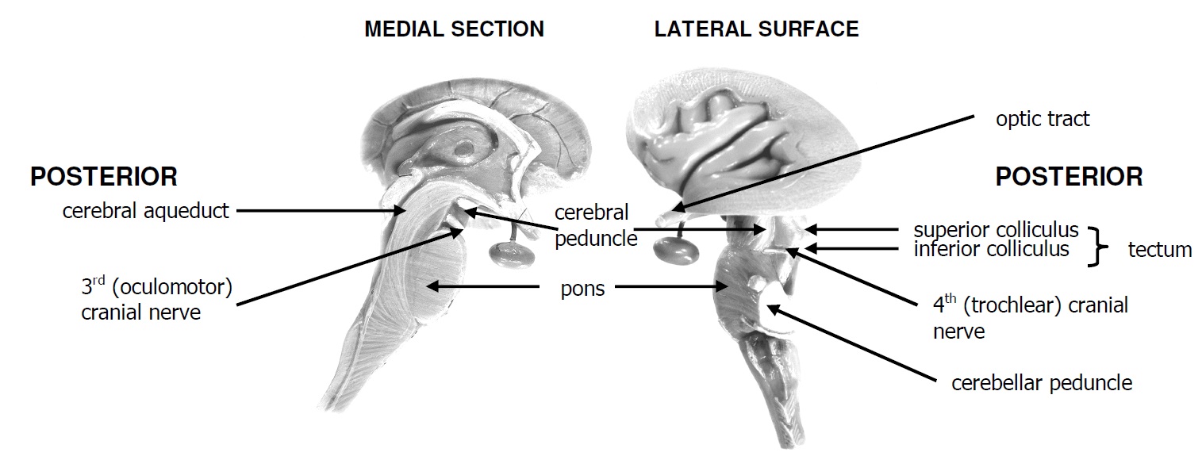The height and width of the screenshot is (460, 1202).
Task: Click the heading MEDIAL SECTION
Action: (454, 30)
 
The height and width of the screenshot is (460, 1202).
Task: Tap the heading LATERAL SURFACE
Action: (756, 30)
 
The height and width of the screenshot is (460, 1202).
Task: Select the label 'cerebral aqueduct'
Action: (146, 211)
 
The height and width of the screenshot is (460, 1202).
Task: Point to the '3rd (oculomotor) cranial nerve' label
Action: (156, 299)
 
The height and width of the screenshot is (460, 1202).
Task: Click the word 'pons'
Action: (582, 289)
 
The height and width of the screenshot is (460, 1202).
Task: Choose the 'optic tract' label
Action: (1043, 119)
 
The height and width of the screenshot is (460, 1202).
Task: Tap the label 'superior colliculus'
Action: (996, 230)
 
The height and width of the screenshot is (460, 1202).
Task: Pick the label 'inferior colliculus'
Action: (991, 249)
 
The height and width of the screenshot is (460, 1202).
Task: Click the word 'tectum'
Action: (1159, 250)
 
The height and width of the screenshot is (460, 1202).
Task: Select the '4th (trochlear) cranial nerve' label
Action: (1030, 317)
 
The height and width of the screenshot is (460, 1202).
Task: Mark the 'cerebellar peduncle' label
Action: (1041, 383)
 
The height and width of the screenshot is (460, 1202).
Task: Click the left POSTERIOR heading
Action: (103, 176)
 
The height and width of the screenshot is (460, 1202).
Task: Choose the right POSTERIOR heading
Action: (1069, 176)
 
